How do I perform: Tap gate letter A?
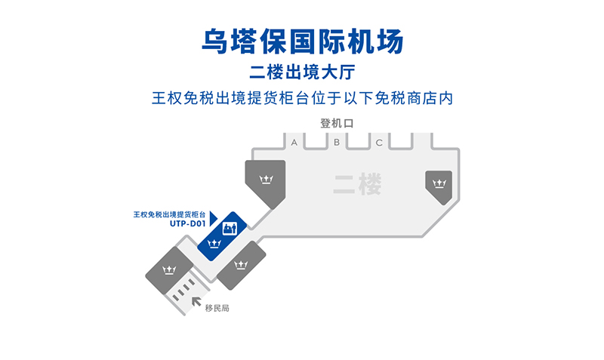(x=294, y=142)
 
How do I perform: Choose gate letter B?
(x=337, y=142)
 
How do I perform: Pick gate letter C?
(x=379, y=142)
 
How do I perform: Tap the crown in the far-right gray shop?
(x=438, y=183)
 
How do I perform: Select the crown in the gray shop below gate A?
(x=266, y=180)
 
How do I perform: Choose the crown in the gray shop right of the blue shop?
(x=242, y=264)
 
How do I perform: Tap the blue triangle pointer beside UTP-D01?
(x=214, y=219)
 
